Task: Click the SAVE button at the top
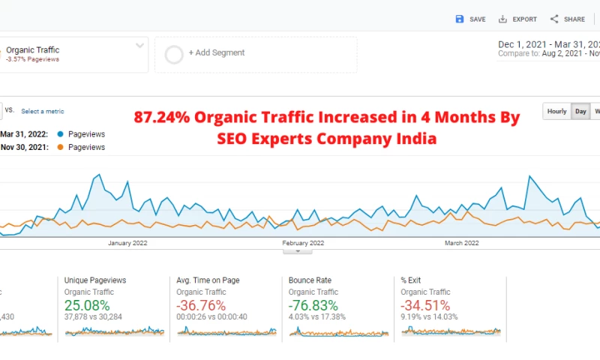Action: [x=470, y=19]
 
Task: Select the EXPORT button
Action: [x=517, y=19]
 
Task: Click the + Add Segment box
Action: [x=255, y=53]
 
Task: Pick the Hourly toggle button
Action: [x=557, y=112]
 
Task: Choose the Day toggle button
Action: [x=580, y=112]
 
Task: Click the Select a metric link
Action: [x=43, y=112]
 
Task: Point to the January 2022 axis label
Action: [x=128, y=243]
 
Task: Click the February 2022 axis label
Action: [x=303, y=243]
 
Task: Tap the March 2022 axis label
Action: [x=462, y=243]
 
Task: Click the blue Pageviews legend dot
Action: [x=60, y=134]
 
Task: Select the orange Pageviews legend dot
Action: [x=60, y=148]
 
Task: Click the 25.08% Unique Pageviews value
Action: [x=87, y=305]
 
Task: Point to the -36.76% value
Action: [x=202, y=305]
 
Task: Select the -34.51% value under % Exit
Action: [x=426, y=305]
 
